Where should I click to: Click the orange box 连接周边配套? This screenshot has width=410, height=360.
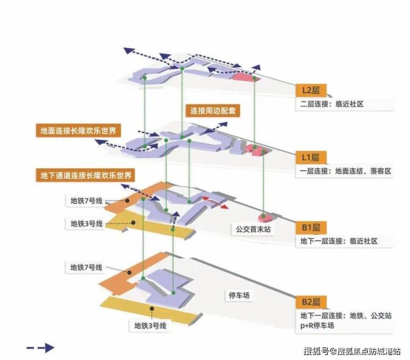213,110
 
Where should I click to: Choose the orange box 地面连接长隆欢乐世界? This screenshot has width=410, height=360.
80,131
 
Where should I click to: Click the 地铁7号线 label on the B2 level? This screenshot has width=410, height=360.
86,267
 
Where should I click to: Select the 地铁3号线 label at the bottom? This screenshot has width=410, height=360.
150,326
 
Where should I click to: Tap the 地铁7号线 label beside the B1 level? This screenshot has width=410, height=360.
86,201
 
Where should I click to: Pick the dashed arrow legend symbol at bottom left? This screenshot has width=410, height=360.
40,348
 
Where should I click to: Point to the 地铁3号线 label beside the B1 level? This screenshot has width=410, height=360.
86,224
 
